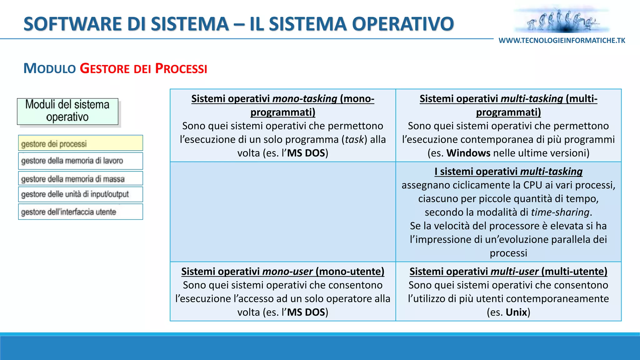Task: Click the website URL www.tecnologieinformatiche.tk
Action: (x=562, y=41)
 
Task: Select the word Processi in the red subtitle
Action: (x=181, y=68)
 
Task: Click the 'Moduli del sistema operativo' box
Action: (x=67, y=111)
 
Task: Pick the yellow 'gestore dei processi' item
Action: (x=80, y=143)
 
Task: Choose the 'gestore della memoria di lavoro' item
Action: (x=80, y=161)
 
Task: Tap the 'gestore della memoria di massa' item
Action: (x=80, y=179)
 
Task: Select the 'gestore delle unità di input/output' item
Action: (x=80, y=194)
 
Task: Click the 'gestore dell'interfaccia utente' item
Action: (x=80, y=212)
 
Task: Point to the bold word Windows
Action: (x=468, y=153)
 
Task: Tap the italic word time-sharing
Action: (x=560, y=212)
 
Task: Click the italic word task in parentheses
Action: (x=354, y=139)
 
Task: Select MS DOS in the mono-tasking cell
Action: (x=306, y=153)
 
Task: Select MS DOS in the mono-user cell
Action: (x=306, y=312)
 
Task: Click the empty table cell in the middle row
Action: (x=282, y=212)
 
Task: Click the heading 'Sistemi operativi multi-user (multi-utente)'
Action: (x=508, y=271)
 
